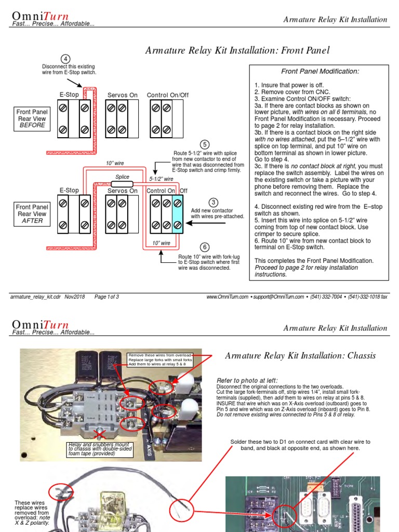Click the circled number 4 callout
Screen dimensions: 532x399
click(65, 59)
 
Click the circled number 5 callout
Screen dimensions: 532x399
click(205, 144)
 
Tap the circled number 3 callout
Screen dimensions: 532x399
click(213, 202)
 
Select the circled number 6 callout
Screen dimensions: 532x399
click(205, 247)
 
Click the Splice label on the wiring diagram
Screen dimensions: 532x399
click(123, 177)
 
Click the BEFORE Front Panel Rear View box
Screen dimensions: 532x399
click(32, 118)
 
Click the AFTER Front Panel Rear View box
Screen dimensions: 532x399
click(32, 214)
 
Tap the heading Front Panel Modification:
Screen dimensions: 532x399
click(320, 71)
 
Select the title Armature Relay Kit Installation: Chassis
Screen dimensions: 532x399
click(300, 355)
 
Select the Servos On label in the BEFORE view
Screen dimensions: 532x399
click(123, 95)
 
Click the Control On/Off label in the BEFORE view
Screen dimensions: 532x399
click(168, 95)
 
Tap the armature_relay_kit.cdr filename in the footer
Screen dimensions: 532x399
click(35, 297)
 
